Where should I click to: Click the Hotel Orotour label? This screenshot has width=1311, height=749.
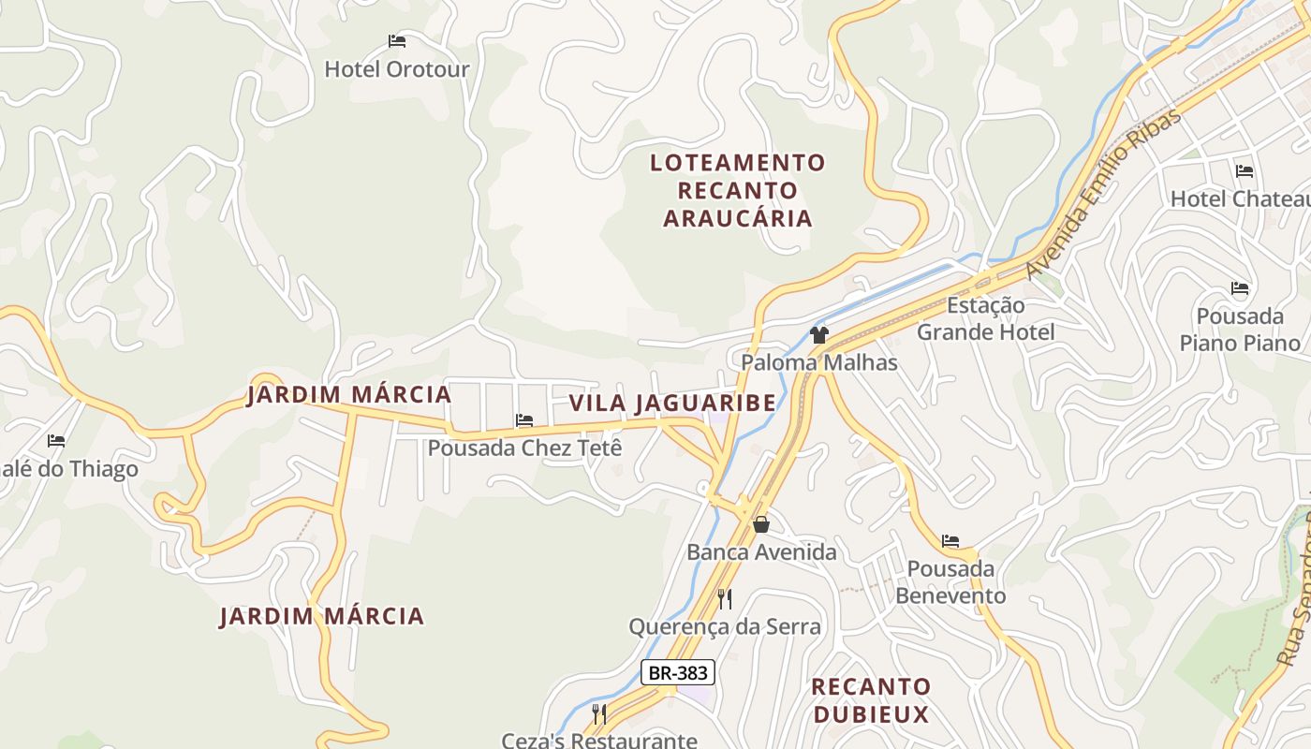pyautogui.click(x=397, y=69)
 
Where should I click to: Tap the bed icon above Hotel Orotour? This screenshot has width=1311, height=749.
pyautogui.click(x=397, y=41)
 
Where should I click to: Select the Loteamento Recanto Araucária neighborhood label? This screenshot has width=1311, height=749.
pyautogui.click(x=738, y=191)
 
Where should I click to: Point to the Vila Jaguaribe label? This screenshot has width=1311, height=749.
pyautogui.click(x=672, y=404)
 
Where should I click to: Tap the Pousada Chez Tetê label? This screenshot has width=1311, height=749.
pyautogui.click(x=524, y=448)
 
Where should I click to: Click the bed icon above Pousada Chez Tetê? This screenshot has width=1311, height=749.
pyautogui.click(x=524, y=420)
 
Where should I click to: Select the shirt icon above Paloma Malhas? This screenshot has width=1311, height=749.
pyautogui.click(x=819, y=334)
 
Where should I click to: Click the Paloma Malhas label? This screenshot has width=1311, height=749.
pyautogui.click(x=819, y=362)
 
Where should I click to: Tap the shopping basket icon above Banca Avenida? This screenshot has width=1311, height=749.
pyautogui.click(x=761, y=524)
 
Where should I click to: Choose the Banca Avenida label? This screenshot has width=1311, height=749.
pyautogui.click(x=761, y=552)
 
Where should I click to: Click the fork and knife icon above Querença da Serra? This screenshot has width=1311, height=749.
pyautogui.click(x=725, y=598)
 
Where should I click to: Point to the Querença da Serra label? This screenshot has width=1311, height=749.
pyautogui.click(x=725, y=626)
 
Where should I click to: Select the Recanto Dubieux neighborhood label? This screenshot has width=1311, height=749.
pyautogui.click(x=871, y=700)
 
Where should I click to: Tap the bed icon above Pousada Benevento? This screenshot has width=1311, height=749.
pyautogui.click(x=950, y=541)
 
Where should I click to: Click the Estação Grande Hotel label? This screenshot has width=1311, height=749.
pyautogui.click(x=985, y=318)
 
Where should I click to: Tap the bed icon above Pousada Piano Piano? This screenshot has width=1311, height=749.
pyautogui.click(x=1240, y=288)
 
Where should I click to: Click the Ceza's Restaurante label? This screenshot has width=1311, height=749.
pyautogui.click(x=599, y=741)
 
